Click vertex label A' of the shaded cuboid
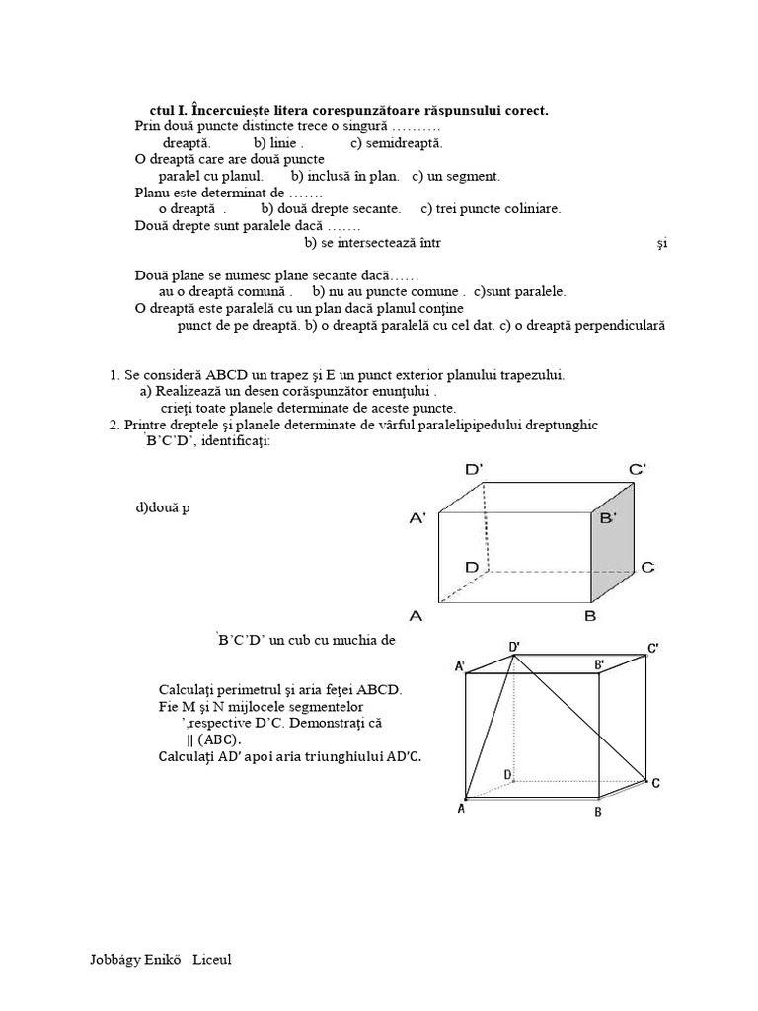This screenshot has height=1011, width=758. tap(416, 516)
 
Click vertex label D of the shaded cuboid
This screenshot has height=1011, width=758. tap(472, 567)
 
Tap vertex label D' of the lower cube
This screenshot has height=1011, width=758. tap(514, 646)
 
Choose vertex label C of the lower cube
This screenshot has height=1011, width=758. tap(655, 782)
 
